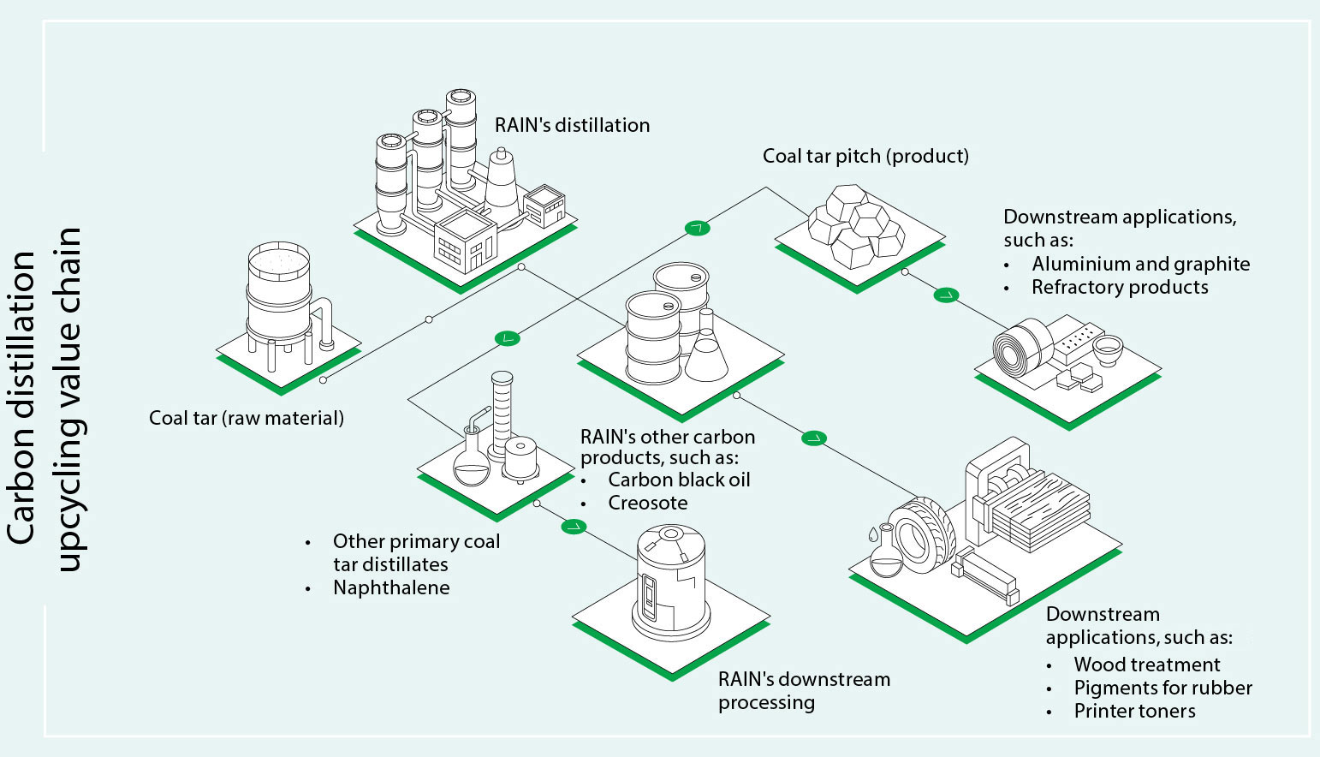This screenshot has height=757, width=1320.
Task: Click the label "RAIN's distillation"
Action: pyautogui.click(x=572, y=125)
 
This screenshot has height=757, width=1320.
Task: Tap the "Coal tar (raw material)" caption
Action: pyautogui.click(x=247, y=418)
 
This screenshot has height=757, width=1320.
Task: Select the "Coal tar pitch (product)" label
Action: pyautogui.click(x=865, y=156)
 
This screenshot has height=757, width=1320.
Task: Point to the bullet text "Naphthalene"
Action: pyautogui.click(x=391, y=587)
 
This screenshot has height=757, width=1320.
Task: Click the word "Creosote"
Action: pyautogui.click(x=647, y=503)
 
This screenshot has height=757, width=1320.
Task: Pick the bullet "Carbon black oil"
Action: pyautogui.click(x=679, y=480)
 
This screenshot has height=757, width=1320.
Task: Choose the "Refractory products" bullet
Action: pyautogui.click(x=1120, y=287)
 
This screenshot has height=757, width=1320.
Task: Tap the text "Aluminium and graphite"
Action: pyautogui.click(x=1140, y=264)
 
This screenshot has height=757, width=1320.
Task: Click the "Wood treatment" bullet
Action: pyautogui.click(x=1146, y=665)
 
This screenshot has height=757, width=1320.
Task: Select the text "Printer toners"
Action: pyautogui.click(x=1134, y=711)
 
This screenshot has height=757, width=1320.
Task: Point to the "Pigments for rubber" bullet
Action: pyautogui.click(x=1162, y=688)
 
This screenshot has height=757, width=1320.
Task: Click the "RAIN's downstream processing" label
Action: pyautogui.click(x=804, y=690)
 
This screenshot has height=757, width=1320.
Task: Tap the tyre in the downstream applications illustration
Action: pyautogui.click(x=921, y=535)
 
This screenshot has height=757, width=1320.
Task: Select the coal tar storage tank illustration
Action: pyautogui.click(x=278, y=300)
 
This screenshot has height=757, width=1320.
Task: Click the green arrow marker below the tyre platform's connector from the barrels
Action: pyautogui.click(x=814, y=438)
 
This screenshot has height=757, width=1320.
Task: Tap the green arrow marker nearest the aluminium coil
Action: pyautogui.click(x=946, y=295)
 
